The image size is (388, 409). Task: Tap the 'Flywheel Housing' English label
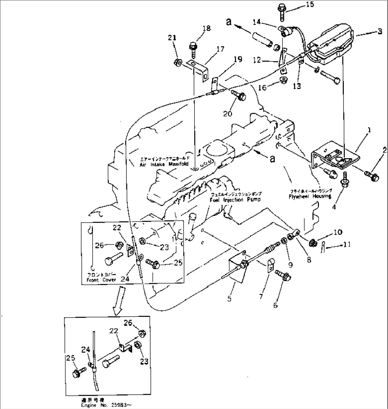pos(310,196)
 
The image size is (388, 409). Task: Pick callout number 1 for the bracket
pos(368,131)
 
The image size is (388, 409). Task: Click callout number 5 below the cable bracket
pos(229,299)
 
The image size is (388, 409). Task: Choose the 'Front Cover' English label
pos(101,280)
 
